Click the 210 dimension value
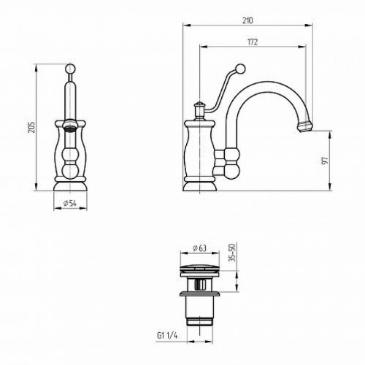pos(247,20)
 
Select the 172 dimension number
pos(253,42)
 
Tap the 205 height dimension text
pos(31,127)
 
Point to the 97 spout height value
pos(325,161)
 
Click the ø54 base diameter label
pos(70,203)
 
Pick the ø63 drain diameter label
pos(199,248)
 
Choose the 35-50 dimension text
pos(233,253)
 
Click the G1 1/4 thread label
pos(167,336)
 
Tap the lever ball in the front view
pos(70,68)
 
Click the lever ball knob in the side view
pos(240,68)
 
